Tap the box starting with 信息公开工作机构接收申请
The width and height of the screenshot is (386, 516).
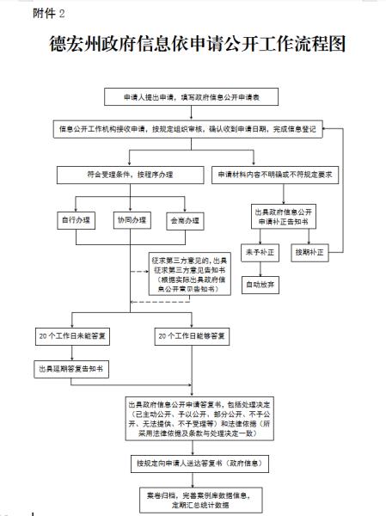point(187,129)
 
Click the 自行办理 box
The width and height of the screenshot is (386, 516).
point(77,220)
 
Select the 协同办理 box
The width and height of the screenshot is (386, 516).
point(132,220)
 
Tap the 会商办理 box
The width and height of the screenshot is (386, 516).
point(183,220)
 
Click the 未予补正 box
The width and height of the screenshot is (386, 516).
point(259,253)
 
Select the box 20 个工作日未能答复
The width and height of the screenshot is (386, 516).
point(70,335)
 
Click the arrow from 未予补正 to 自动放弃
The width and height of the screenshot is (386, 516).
point(259,267)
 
